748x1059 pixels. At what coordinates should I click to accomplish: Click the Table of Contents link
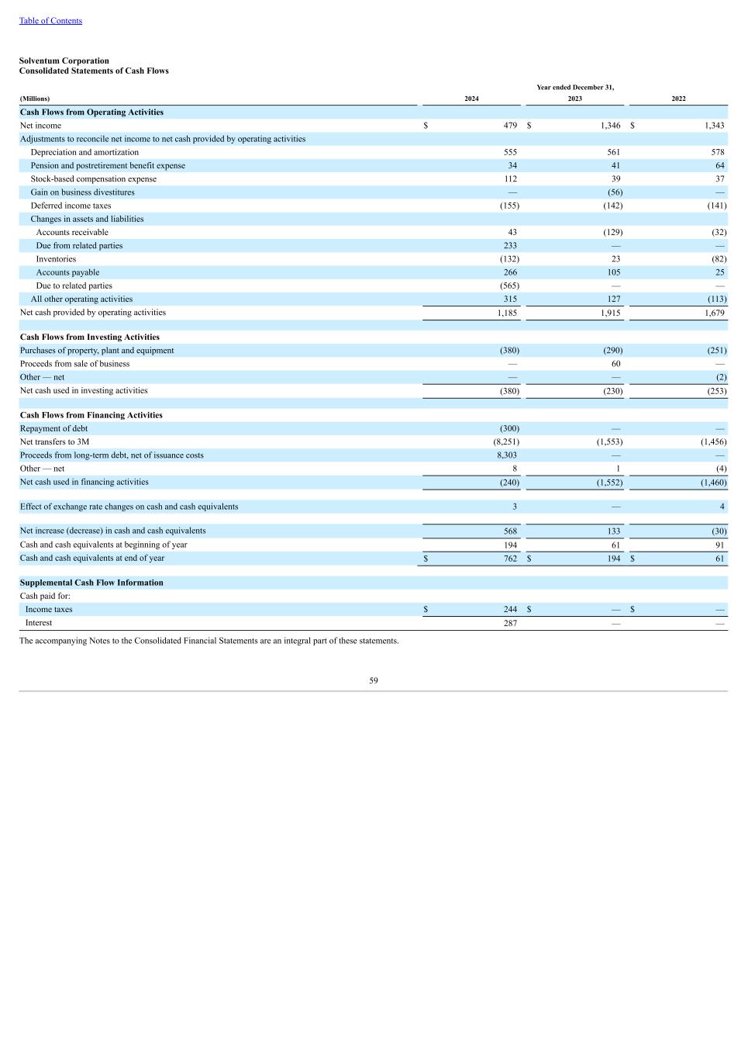click(x=50, y=21)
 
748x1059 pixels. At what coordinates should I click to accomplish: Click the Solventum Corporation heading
click(x=64, y=61)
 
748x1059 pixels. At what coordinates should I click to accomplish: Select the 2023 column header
click(x=574, y=99)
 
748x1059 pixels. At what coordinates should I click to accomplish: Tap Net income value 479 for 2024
click(x=510, y=126)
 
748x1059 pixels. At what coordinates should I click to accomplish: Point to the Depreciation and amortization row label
click(x=84, y=153)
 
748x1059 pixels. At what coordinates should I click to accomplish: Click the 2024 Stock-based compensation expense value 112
click(x=510, y=179)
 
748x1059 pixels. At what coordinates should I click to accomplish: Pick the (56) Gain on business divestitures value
click(x=615, y=192)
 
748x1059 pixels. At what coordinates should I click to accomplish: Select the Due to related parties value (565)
click(x=509, y=286)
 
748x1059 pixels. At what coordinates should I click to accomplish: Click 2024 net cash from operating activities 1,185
click(x=507, y=313)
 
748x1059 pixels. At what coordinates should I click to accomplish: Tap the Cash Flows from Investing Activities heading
click(x=90, y=337)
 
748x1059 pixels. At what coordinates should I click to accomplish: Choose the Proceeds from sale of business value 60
click(x=615, y=364)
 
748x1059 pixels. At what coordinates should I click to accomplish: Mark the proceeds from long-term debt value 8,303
click(x=507, y=455)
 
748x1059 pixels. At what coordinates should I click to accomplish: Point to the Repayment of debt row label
click(x=53, y=429)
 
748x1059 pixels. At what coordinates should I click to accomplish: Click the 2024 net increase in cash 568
click(x=510, y=531)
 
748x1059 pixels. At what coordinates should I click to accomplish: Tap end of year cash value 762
click(x=510, y=559)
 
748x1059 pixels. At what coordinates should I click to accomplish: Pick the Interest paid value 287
click(x=510, y=623)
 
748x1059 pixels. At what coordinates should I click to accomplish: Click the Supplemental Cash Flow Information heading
click(x=91, y=583)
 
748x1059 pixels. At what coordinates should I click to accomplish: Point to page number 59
click(x=374, y=681)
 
